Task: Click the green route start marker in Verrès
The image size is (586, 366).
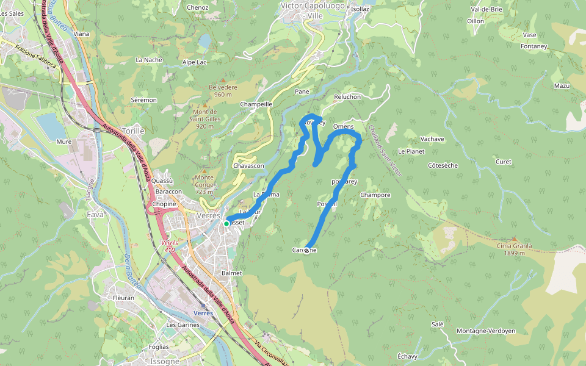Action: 226,224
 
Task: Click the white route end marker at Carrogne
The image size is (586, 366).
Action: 306,250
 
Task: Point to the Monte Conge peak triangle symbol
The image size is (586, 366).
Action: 204,170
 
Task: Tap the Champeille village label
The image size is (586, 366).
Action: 256,104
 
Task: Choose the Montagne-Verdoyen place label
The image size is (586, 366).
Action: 486,331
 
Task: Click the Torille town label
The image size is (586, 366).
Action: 133,131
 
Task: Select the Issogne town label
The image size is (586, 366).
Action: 164,361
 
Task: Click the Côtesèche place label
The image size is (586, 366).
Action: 443,165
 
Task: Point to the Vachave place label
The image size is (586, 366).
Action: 432,139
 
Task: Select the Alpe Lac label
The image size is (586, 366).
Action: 195,62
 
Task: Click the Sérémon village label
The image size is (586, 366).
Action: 144,99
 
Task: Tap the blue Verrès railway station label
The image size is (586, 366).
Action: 203,312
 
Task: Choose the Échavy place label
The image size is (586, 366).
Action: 407,356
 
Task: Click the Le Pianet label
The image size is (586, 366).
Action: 411,151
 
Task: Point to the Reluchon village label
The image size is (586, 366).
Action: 348,97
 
